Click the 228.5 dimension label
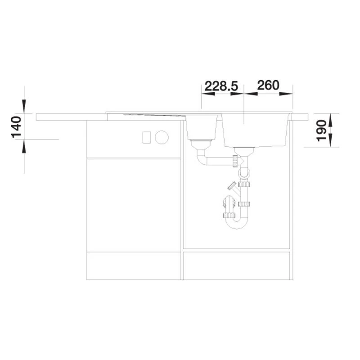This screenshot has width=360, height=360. tap(221, 86)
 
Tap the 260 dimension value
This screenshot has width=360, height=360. tap(268, 85)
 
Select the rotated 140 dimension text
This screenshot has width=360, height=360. tap(16, 127)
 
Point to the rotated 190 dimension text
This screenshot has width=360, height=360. tap(321, 130)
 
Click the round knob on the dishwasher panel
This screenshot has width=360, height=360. tap(162, 137)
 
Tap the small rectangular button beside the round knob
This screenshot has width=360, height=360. tap(147, 137)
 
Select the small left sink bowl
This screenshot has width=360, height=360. tap(201, 127)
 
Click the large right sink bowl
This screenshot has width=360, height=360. tap(255, 130)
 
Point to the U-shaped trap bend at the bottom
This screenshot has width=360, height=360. tap(237, 222)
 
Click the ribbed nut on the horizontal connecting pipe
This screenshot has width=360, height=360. tap(235, 161)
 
